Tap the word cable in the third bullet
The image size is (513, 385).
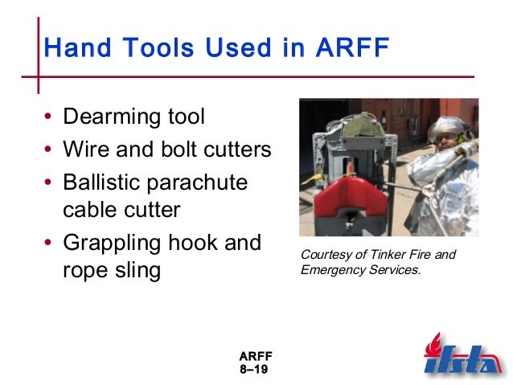(x=89, y=210)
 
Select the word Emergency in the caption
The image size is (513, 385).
(x=333, y=269)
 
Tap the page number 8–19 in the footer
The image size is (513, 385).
(x=255, y=369)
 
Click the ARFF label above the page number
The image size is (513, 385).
(x=256, y=355)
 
